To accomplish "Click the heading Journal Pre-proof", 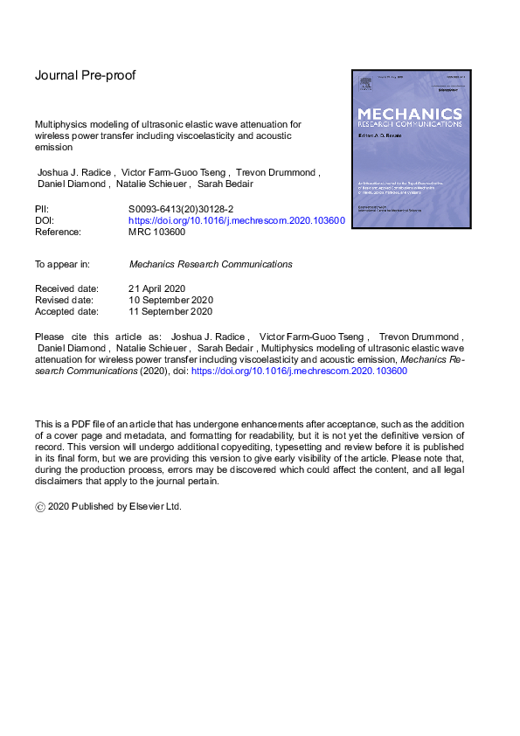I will (85, 75).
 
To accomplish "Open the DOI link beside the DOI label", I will (237, 221).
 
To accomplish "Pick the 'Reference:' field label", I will (59, 233).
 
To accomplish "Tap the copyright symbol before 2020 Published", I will (39, 506).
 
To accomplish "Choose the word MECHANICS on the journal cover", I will (409, 113).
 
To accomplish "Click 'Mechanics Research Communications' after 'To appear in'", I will (211, 264).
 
